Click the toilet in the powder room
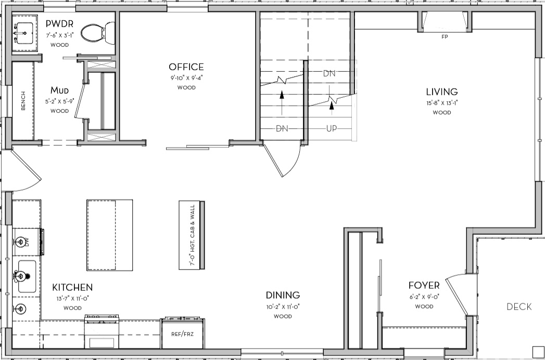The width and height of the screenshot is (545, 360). point(98,33)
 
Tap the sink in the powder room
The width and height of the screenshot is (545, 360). point(24,33)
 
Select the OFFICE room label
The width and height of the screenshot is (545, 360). point(186,67)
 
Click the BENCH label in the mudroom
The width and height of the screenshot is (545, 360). point(23,101)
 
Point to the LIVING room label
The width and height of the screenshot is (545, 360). point(442,92)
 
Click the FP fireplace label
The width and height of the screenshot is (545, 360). point(445,37)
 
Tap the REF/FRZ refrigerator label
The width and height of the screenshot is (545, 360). point(183,335)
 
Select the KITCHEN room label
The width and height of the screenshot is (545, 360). point(73,287)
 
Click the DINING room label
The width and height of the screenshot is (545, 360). point(283,295)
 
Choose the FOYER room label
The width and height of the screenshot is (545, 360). point(424,286)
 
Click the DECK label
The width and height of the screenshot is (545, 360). point(519,307)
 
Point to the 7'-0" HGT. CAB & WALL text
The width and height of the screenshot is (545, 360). point(192,235)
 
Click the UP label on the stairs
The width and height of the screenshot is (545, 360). point(332,129)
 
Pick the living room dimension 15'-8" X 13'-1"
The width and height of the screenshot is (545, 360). point(442,103)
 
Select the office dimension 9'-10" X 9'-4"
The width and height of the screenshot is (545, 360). point(186,78)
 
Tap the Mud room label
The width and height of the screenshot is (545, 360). point(60,91)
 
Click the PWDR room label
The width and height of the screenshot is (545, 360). point(59,23)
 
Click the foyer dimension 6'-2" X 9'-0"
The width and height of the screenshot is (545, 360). point(424,297)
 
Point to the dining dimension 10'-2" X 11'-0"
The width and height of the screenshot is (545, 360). point(283,307)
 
